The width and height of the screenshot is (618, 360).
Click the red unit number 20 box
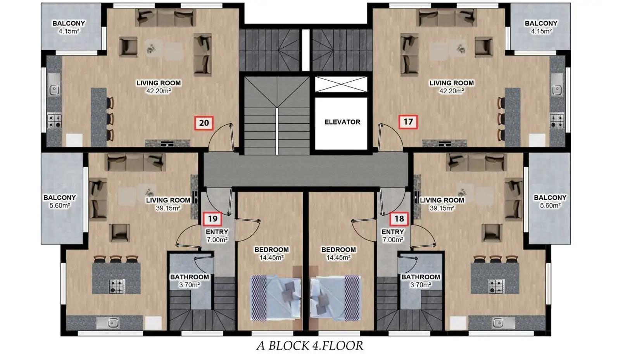(204, 123)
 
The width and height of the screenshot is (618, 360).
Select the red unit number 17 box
(408, 122)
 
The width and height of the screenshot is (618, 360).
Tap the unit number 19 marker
(212, 219)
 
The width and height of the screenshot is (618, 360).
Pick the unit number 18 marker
(399, 219)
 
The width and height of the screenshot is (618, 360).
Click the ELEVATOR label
(342, 122)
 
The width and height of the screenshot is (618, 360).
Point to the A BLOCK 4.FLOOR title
(309, 346)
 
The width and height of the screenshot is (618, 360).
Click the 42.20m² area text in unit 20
(159, 91)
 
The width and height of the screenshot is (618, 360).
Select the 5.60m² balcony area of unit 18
(550, 206)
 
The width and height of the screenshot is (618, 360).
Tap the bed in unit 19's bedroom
(276, 298)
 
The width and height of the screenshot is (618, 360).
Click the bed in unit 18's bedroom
(335, 298)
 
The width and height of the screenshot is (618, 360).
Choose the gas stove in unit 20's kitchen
(54, 121)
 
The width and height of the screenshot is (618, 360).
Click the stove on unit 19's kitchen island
(116, 286)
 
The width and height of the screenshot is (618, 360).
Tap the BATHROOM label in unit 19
(189, 277)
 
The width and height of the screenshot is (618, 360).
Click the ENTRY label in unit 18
(393, 232)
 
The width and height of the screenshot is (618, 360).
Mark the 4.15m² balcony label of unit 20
(69, 31)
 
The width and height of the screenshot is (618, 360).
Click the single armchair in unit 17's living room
(484, 47)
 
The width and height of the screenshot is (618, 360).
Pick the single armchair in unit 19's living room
(119, 233)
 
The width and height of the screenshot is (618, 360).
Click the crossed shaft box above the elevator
(341, 84)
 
